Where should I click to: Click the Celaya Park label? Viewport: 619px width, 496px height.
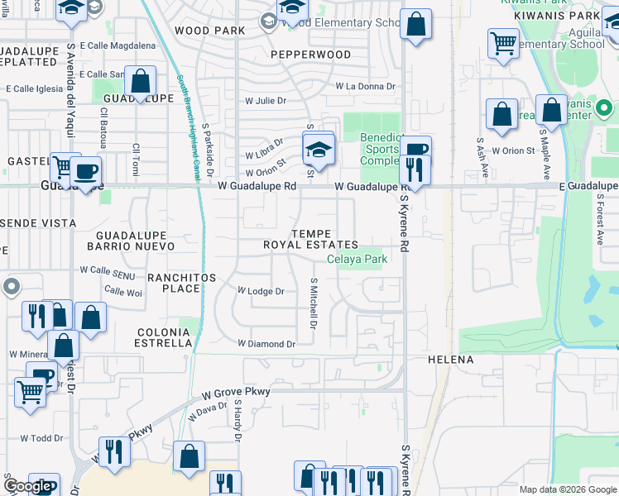coord(357,259)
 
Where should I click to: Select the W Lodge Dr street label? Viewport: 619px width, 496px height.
coord(261,291)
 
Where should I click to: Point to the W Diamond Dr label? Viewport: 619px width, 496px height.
coord(266,344)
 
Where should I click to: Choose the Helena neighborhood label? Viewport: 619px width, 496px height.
coord(450,360)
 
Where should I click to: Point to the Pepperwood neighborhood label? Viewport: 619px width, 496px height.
coord(310,55)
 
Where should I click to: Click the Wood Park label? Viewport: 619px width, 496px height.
coord(210,31)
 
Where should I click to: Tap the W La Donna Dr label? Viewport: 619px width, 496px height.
coord(365,86)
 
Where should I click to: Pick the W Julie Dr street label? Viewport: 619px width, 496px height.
coord(265,101)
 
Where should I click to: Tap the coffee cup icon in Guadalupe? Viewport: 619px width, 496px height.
coord(85,171)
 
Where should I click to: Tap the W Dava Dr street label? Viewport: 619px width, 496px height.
coord(208,411)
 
